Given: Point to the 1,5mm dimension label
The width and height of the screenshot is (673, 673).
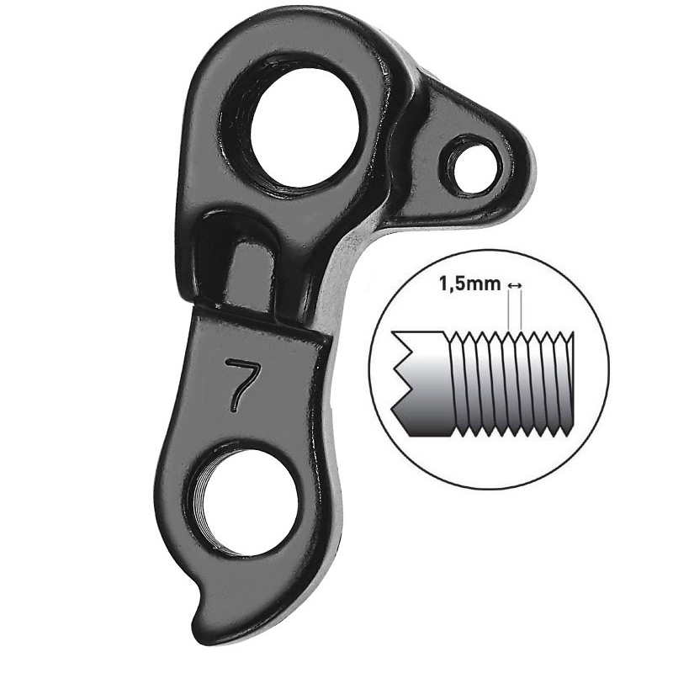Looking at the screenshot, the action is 470,284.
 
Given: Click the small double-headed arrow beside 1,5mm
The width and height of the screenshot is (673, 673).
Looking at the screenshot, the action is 514,284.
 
